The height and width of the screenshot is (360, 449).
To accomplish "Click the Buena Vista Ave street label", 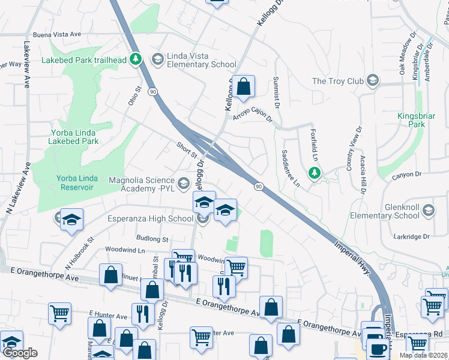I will pos(57,34).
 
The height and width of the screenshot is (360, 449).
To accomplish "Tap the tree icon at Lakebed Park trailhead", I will pos(136,59).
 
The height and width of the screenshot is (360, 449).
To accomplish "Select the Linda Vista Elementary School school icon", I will pos(157,59).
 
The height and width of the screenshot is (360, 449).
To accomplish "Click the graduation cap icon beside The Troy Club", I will pos(372,80).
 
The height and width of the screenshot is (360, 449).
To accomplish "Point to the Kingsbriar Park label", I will pos(411,120).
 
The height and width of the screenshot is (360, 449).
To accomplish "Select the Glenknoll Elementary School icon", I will pos(429,210).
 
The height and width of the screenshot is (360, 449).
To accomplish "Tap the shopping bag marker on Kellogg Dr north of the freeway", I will pos(244,86).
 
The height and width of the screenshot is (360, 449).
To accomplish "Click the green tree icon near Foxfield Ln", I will pos(313,174).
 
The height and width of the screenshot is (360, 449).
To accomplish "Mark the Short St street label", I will pos(187,149).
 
